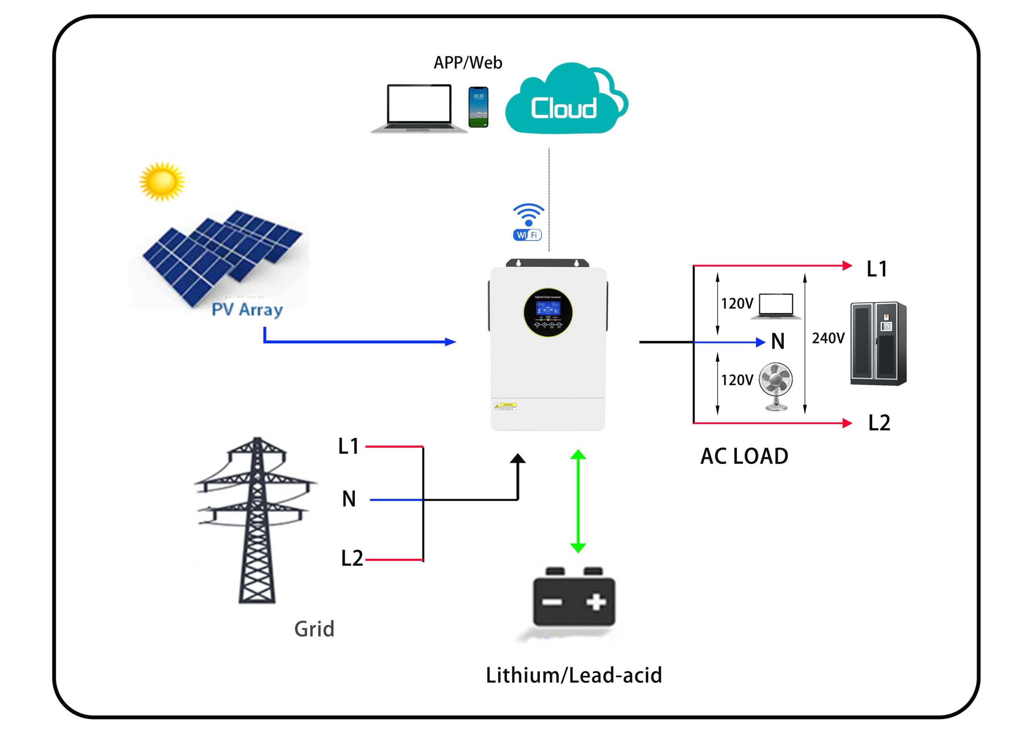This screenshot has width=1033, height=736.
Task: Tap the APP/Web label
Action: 468,63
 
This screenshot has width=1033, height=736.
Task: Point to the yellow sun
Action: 162,181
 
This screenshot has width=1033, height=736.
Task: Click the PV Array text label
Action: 247,310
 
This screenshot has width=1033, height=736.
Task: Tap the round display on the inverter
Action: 548,312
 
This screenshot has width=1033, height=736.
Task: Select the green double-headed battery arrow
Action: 578,501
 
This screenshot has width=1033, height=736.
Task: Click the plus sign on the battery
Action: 596,602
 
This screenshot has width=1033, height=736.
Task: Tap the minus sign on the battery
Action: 552,602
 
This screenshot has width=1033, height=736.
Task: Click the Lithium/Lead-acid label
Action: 574,675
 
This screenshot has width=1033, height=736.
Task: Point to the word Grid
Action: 314,629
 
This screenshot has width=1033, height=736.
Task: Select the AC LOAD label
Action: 744,456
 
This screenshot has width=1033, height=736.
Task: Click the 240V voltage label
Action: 828,338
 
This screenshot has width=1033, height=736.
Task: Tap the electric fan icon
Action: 776,386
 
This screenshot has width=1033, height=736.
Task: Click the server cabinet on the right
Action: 878,344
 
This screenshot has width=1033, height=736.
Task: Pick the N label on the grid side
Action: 349,499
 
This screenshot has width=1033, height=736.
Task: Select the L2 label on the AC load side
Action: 879,423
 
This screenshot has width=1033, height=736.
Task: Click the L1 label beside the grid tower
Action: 348,446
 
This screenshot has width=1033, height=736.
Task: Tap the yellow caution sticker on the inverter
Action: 506,407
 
